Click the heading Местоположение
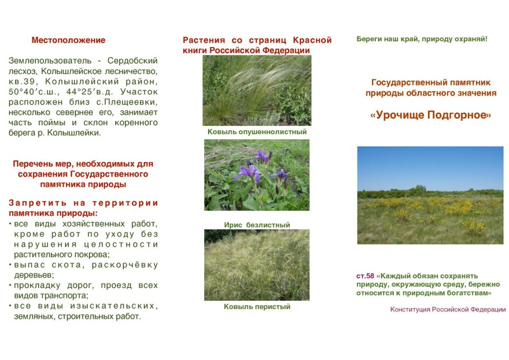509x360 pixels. point(68,40)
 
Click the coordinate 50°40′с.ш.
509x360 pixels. point(34,92)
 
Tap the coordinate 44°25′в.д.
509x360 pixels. point(90,92)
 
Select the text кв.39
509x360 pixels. point(21,82)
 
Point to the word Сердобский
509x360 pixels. point(133,60)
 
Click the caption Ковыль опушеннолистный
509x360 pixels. point(257,132)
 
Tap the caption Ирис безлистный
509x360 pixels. point(257,225)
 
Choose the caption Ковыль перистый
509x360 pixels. point(257,306)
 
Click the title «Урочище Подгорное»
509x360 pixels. point(431,115)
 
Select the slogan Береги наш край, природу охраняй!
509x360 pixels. point(422,39)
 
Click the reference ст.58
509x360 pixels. point(365,276)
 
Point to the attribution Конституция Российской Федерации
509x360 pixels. point(448,309)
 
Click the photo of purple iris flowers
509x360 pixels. point(257,175)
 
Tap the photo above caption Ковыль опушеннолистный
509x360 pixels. point(257,91)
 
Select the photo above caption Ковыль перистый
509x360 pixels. point(257,265)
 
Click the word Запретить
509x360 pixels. point(37,203)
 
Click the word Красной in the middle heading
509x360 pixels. point(312,40)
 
